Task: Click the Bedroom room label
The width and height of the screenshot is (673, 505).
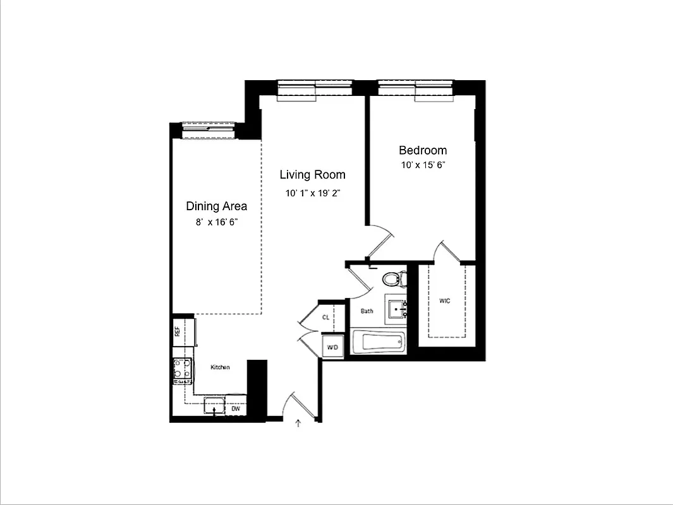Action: tap(423, 150)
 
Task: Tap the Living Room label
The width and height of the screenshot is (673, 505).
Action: tap(312, 175)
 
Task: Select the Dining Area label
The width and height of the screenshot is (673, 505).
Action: tap(216, 206)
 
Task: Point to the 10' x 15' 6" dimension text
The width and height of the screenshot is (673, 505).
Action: tap(423, 165)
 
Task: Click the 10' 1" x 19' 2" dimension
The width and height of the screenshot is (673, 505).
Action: tap(312, 194)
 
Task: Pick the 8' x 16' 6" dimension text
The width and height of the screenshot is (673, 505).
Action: tap(216, 222)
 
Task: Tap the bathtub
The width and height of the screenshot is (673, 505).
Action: tap(378, 343)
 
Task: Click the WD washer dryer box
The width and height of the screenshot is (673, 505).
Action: tap(332, 347)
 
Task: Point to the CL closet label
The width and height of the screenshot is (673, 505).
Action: tap(325, 318)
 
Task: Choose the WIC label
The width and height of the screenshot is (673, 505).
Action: tap(445, 301)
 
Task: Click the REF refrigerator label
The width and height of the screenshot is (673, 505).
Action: tap(178, 330)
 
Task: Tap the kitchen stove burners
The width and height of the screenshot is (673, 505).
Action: tap(182, 371)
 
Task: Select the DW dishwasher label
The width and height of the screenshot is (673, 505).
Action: tap(236, 409)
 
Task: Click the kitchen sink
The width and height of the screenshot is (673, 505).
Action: tap(215, 406)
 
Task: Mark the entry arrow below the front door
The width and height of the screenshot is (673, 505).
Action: tap(298, 424)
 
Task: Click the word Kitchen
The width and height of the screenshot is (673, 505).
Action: tap(220, 367)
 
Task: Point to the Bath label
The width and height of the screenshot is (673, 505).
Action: tap(367, 311)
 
